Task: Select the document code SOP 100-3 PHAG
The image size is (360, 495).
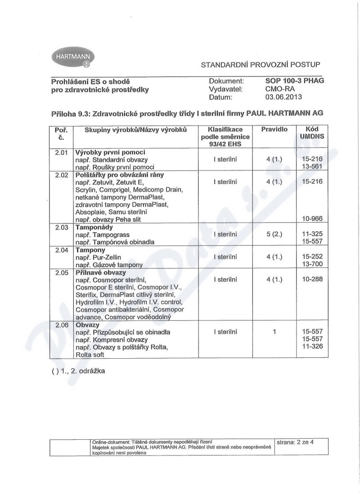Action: click(295, 81)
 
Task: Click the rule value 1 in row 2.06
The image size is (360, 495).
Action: click(274, 332)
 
